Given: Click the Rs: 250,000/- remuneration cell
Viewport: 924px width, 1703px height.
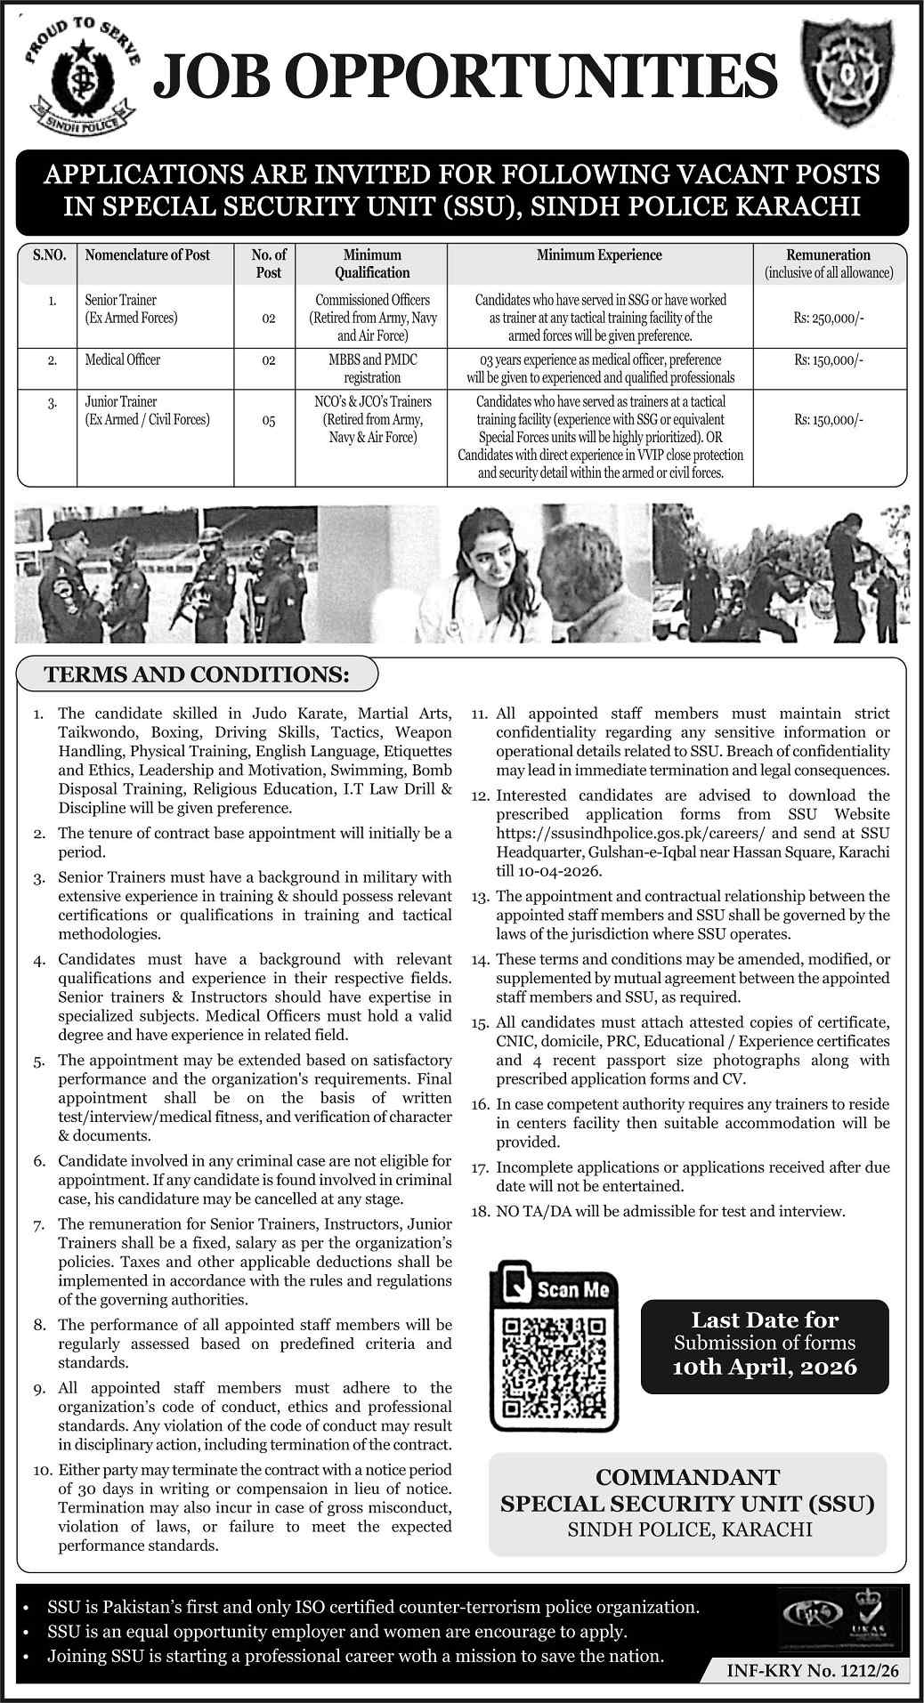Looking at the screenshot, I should pos(828,318).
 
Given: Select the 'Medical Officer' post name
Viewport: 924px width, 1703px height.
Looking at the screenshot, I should pos(123,359).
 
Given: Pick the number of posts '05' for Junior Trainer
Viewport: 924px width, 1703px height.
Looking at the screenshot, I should pos(268,422).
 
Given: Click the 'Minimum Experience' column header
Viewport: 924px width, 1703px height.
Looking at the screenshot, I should pos(599,255).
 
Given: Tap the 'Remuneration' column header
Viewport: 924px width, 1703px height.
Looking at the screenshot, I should pos(829,255).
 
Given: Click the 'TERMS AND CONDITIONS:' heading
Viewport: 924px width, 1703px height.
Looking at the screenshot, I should pos(198,674).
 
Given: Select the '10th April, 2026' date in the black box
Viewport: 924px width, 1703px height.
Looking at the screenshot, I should pos(765,1367).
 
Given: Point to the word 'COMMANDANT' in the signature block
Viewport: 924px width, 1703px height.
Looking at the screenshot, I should pos(687,1478).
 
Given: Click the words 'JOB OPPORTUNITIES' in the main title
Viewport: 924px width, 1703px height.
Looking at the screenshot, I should pos(466,78).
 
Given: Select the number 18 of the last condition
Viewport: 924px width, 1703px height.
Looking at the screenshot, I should pos(480,1211).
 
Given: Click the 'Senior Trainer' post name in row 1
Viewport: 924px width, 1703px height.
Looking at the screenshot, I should pos(120,300).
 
